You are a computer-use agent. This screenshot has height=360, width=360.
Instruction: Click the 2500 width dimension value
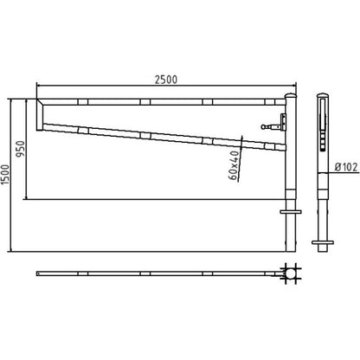(x=166, y=80)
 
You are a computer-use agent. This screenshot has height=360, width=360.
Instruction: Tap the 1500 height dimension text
(x=5, y=175)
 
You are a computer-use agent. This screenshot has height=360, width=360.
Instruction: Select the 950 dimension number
(x=21, y=149)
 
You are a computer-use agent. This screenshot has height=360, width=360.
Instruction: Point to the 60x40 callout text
(x=235, y=165)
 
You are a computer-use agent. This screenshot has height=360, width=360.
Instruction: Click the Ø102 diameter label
(x=346, y=167)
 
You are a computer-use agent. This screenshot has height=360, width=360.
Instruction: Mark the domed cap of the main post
(x=291, y=96)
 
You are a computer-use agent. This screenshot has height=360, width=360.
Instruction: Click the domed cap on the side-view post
(x=323, y=95)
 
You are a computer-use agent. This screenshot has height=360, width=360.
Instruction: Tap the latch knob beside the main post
(x=264, y=126)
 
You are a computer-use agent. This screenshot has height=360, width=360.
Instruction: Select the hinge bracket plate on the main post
(x=284, y=122)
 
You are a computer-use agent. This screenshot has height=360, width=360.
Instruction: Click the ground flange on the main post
(x=291, y=212)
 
